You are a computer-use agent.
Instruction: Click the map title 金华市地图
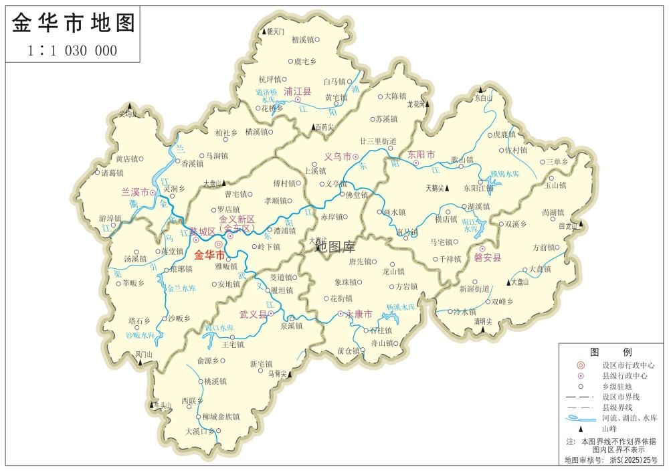pyautogui.click(x=74, y=23)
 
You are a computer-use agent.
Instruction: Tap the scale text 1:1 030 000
pyautogui.click(x=74, y=50)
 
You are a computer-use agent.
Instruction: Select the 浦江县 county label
pyautogui.click(x=298, y=91)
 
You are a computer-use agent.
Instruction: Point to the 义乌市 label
pyautogui.click(x=338, y=157)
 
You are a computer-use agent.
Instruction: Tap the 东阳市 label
pyautogui.click(x=421, y=155)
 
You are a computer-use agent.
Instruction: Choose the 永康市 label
pyautogui.click(x=359, y=314)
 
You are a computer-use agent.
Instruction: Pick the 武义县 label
pyautogui.click(x=254, y=314)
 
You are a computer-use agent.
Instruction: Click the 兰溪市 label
pyautogui.click(x=134, y=191)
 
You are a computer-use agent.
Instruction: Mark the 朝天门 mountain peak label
pyautogui.click(x=276, y=31)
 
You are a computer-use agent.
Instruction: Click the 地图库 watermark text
pyautogui.click(x=336, y=246)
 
